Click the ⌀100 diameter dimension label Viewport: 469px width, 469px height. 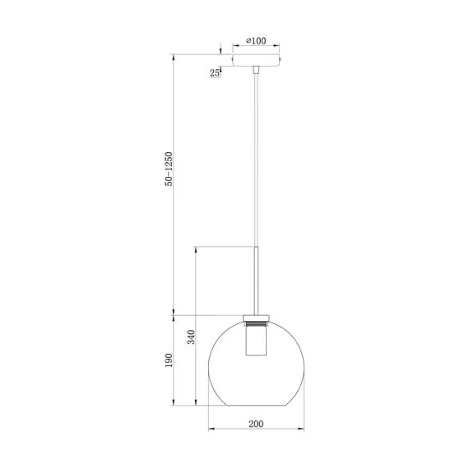256,40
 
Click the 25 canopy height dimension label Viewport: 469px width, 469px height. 214,72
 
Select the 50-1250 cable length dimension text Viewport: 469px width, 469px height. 169,169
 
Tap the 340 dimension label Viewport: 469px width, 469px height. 191,337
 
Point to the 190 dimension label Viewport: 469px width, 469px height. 169,360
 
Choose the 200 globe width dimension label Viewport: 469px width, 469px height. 256,424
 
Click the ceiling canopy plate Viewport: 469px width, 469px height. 256,60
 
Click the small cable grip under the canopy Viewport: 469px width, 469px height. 256,70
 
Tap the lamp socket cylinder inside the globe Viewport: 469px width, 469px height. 256,341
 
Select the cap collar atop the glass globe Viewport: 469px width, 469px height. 256,318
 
